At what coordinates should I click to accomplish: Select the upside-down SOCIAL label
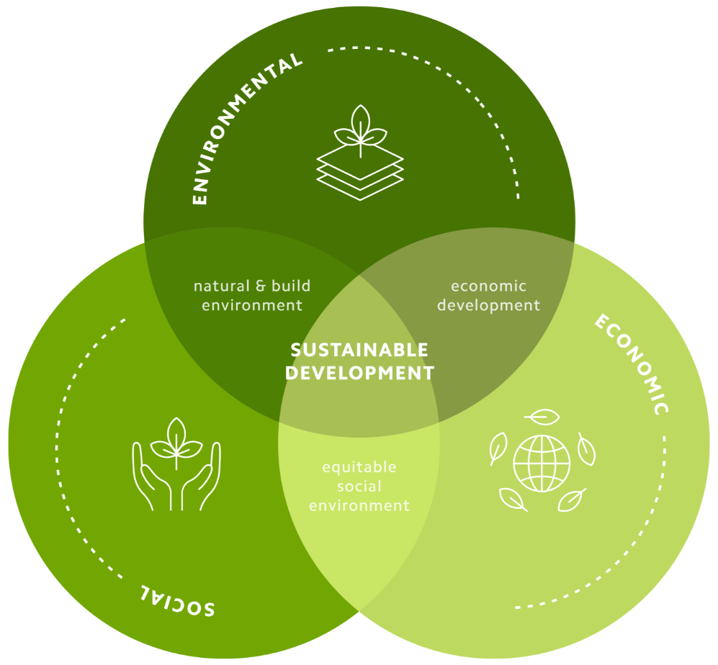176,600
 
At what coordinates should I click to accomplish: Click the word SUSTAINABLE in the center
359,350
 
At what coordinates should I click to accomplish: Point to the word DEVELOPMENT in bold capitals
359,373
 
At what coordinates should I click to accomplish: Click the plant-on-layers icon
360,153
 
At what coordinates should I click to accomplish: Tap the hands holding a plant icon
176,463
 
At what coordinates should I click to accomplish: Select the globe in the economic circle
542,463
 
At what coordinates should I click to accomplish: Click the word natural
222,286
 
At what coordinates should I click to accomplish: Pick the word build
291,286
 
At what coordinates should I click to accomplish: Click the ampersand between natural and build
261,286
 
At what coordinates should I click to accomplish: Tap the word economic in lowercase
488,286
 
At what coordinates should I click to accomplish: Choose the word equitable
359,467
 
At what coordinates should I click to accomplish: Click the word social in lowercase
359,486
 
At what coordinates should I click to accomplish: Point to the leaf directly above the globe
542,417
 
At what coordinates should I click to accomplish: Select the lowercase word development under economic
488,306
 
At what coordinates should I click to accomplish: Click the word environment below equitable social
359,506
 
